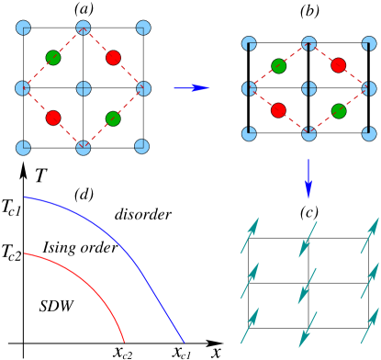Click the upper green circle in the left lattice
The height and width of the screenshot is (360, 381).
(53, 58)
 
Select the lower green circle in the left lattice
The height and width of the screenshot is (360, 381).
(113, 118)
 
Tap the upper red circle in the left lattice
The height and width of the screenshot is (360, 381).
(113, 58)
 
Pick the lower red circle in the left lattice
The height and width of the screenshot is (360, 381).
(53, 118)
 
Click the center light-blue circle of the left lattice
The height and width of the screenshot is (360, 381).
(84, 88)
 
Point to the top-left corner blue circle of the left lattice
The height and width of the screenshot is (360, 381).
(23, 28)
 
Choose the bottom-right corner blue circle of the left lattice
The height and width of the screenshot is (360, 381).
(142, 146)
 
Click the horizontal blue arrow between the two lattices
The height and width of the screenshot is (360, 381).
(191, 88)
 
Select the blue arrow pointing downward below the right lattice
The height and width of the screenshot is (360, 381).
(308, 178)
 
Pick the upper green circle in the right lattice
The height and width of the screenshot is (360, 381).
(279, 66)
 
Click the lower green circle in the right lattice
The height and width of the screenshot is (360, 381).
(339, 111)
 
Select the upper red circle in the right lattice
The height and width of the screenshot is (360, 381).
(339, 65)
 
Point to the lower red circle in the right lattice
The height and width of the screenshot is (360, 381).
(278, 110)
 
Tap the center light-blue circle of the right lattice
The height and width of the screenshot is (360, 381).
(308, 89)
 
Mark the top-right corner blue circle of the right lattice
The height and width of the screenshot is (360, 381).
(369, 43)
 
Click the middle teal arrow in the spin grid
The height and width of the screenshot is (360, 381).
(307, 286)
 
